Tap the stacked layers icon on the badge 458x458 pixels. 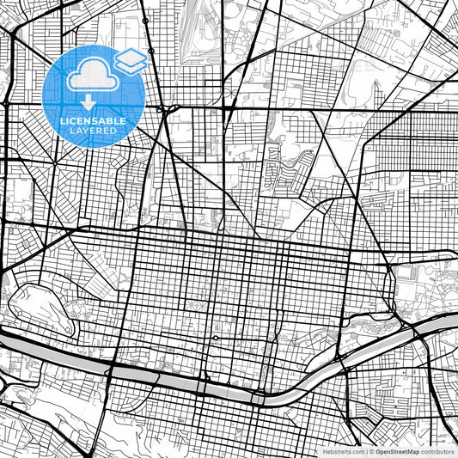coord(130,60)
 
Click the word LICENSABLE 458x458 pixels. coord(93,121)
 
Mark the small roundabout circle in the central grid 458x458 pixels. coord(215,338)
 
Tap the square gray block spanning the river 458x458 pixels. coord(258,398)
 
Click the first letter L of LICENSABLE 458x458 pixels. coord(62,121)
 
